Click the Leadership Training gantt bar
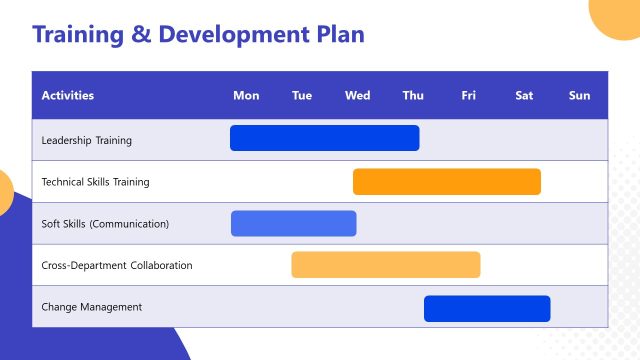coord(324,138)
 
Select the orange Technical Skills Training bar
coord(446,181)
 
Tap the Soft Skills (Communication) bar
coord(293,223)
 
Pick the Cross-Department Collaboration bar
coord(385,264)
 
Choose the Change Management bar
coord(486,308)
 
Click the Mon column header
coord(246,96)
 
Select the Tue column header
coord(302,96)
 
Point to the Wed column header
coord(357,96)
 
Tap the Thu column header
coord(413,96)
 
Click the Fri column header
coord(469,96)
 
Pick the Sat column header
coord(524,96)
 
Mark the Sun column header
coord(580,96)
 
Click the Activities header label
coord(68,96)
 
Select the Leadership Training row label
coord(86,140)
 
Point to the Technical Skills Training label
coord(95,182)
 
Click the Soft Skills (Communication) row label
coord(105,224)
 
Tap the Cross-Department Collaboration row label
coord(117,265)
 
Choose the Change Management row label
coord(91,307)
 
